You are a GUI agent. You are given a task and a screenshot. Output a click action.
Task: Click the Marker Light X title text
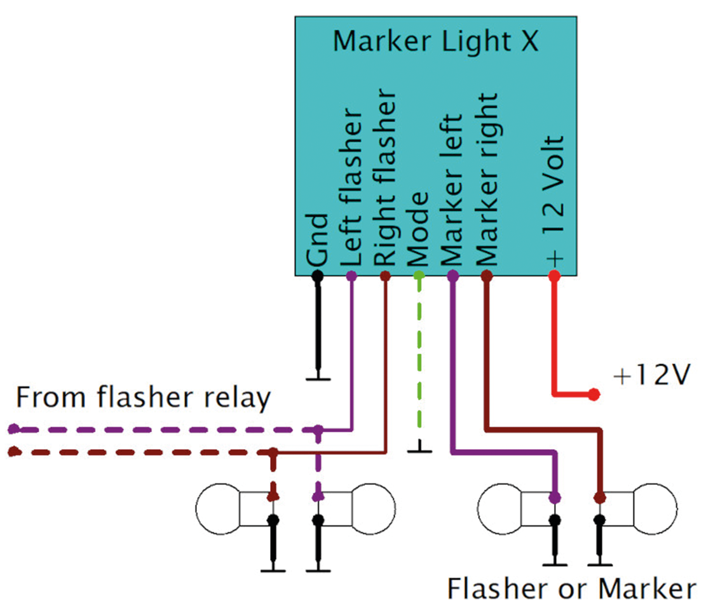(x=435, y=41)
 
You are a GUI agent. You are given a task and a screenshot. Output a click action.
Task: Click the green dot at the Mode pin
(x=419, y=276)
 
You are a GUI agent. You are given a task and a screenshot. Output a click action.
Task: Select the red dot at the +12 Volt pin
(x=554, y=276)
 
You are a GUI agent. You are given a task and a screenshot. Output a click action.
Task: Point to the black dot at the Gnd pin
(x=318, y=276)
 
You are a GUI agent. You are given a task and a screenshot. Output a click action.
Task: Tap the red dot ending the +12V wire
(x=594, y=395)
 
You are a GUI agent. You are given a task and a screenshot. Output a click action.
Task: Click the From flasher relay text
(x=143, y=398)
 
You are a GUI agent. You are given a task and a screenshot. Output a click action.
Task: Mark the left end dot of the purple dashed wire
(x=11, y=429)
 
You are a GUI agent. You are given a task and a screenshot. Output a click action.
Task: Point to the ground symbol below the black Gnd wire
(x=318, y=379)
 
